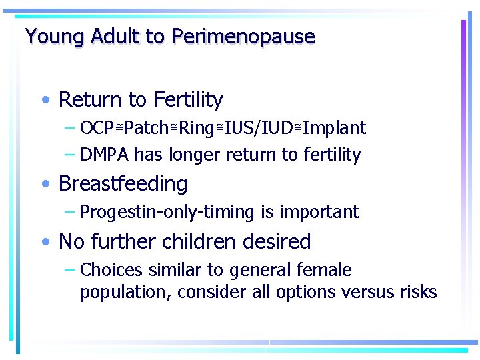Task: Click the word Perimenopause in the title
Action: point(243,37)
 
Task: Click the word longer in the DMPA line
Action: point(195,155)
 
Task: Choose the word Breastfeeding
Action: point(123,183)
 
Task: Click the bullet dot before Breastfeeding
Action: point(46,184)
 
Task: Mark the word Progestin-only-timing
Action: point(167,212)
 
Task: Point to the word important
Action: point(318,212)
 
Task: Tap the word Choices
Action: point(111,270)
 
